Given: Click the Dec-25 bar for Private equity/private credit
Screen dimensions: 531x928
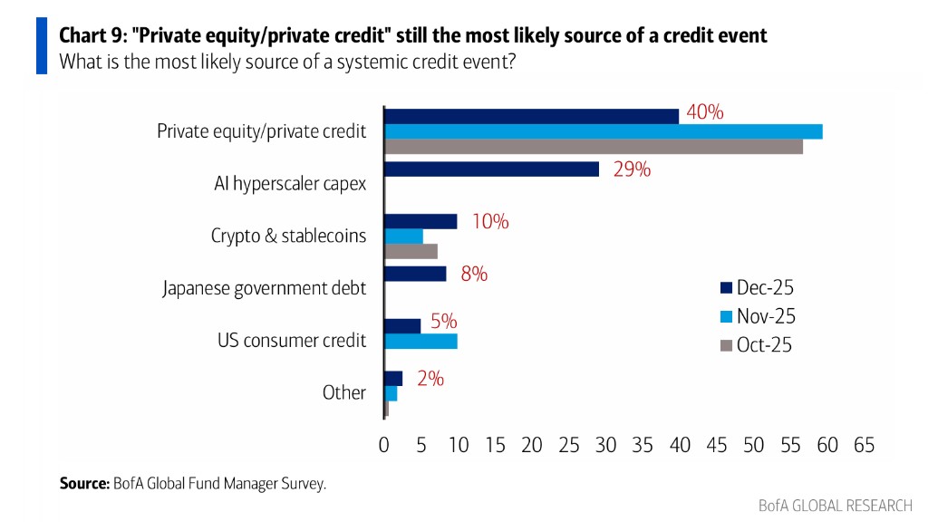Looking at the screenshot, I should pyautogui.click(x=531, y=116).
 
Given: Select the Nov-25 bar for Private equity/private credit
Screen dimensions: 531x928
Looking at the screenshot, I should pyautogui.click(x=603, y=131).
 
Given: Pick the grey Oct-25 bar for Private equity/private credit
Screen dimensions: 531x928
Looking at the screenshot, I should pyautogui.click(x=593, y=147).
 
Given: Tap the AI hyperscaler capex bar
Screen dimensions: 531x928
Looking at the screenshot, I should pyautogui.click(x=491, y=169).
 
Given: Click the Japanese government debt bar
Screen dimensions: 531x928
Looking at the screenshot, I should pyautogui.click(x=415, y=274).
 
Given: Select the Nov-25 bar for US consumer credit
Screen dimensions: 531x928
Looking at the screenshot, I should pyautogui.click(x=420, y=342).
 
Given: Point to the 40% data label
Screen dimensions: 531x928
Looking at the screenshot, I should pyautogui.click(x=705, y=112).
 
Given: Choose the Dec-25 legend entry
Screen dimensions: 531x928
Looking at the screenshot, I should pyautogui.click(x=757, y=289).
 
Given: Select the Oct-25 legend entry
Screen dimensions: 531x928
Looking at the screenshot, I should pyautogui.click(x=757, y=345).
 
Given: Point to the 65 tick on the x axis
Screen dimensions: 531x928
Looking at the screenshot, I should pyautogui.click(x=864, y=445).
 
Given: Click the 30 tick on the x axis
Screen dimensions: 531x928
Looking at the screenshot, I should pyautogui.click(x=605, y=445).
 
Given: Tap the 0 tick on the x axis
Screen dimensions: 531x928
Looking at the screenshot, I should pyautogui.click(x=384, y=445).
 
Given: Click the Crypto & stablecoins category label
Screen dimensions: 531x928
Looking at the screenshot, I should pyautogui.click(x=288, y=236).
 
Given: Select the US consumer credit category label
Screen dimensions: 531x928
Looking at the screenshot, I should pyautogui.click(x=292, y=341).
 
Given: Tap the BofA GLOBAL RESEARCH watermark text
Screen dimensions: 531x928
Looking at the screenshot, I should pyautogui.click(x=835, y=506).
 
